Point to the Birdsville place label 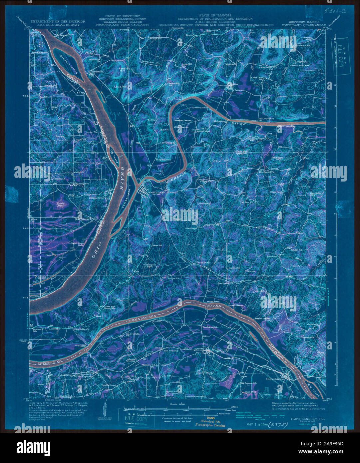[95, 71]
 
